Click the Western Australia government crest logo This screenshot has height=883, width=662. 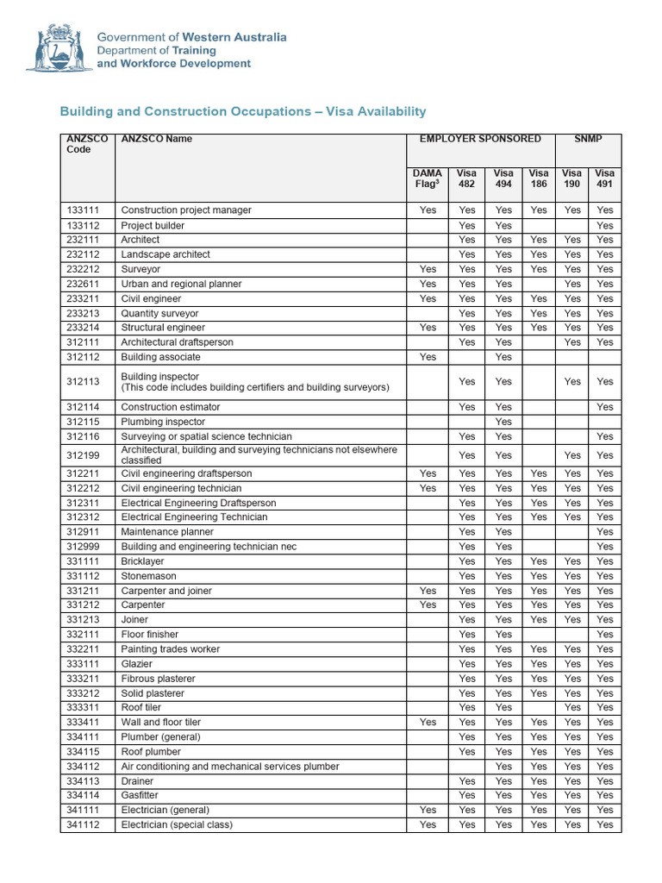point(59,48)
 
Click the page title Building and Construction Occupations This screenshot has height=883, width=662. point(242,112)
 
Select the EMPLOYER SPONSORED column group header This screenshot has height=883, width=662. point(480,139)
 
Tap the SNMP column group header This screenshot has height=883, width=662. point(588,139)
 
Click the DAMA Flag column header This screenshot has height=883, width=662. point(428,178)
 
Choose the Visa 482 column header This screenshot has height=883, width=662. point(466,178)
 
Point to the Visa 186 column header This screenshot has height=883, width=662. point(538,178)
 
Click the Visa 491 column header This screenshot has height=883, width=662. point(605,178)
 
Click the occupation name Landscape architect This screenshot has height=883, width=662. point(165,254)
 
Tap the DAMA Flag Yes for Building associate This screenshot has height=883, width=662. point(428,357)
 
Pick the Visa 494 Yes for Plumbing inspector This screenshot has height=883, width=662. point(503,422)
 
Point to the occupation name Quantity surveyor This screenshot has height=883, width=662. point(159,314)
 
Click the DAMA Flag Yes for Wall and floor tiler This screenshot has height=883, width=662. point(428,723)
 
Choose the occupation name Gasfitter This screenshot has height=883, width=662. point(140,795)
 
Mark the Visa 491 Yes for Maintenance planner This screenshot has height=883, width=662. point(605,532)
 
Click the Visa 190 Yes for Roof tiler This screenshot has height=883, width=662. point(572,708)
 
